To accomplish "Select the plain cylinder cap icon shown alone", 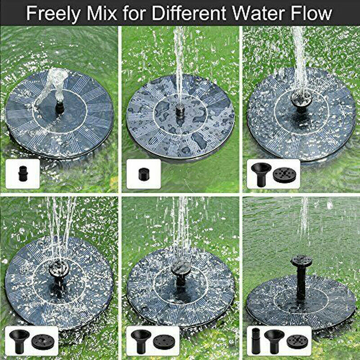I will (x=143, y=173).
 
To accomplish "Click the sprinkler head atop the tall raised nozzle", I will (x=301, y=261).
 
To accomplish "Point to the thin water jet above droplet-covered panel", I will (x=179, y=63).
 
